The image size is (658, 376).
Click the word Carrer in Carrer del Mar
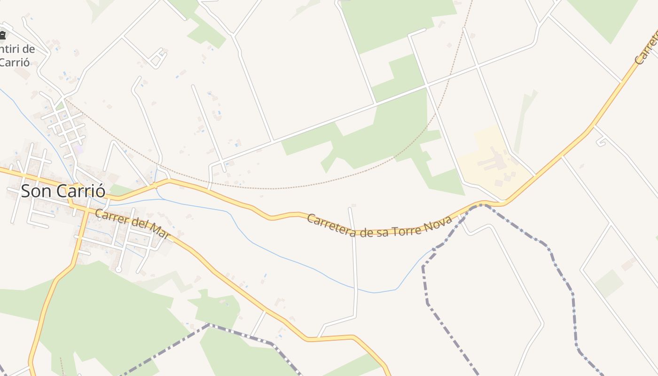(x=111, y=217)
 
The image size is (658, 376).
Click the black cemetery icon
(x=2, y=34)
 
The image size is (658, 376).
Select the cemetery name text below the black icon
(x=17, y=55)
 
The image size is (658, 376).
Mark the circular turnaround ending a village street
(x=118, y=269)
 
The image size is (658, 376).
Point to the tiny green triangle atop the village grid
(x=59, y=106)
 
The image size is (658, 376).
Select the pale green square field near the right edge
(x=609, y=283)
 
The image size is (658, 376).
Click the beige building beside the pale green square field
(x=628, y=265)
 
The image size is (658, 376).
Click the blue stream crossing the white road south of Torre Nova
(x=356, y=288)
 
